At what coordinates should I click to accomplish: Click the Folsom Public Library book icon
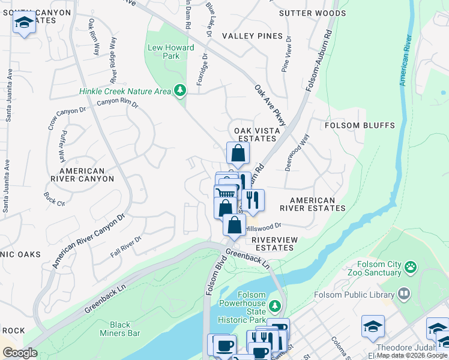(404, 294)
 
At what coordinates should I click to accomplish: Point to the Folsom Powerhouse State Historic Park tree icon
(274, 307)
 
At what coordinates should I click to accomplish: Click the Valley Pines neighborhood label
(252, 36)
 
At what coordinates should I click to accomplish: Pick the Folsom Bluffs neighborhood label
(360, 125)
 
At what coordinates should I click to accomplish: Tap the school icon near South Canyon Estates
(23, 23)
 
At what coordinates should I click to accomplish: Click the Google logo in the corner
(20, 353)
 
